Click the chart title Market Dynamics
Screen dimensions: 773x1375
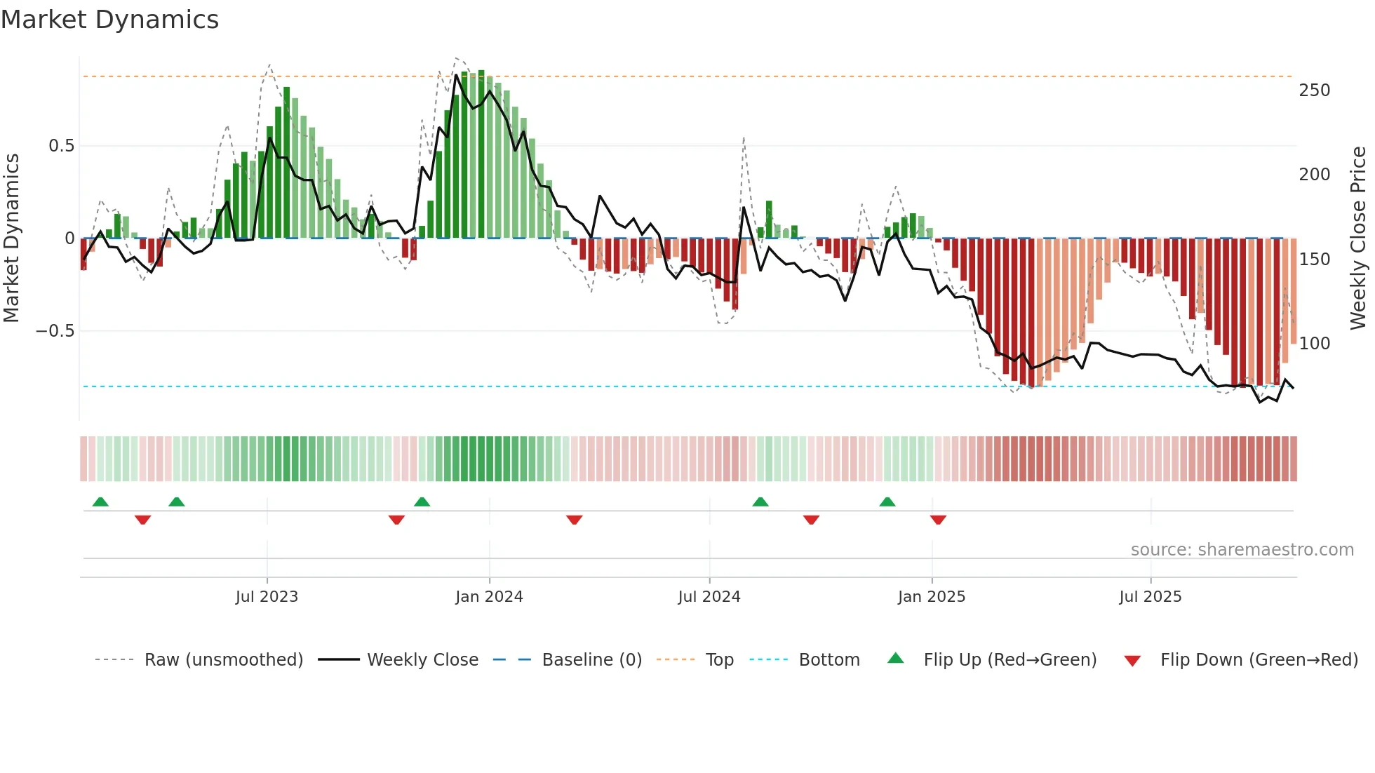[x=110, y=20]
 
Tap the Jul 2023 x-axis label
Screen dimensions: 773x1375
[x=267, y=597]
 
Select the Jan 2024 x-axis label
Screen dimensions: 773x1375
[x=489, y=597]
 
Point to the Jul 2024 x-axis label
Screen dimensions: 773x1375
[x=709, y=597]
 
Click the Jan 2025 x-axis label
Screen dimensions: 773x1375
[x=932, y=597]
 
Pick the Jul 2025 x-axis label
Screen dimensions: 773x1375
[x=1151, y=597]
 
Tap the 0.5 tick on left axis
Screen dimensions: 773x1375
[x=61, y=146]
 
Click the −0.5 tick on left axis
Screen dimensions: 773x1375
[x=55, y=331]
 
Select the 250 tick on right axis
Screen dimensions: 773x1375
[x=1315, y=90]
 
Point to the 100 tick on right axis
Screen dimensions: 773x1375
[x=1315, y=344]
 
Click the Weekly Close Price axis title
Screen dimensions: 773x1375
[x=1359, y=238]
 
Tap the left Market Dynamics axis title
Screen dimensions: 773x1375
[x=11, y=238]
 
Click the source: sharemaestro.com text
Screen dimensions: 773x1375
[x=1242, y=550]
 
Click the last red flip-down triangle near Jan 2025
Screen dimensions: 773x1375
[x=938, y=520]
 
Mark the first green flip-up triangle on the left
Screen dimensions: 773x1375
[x=100, y=502]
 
